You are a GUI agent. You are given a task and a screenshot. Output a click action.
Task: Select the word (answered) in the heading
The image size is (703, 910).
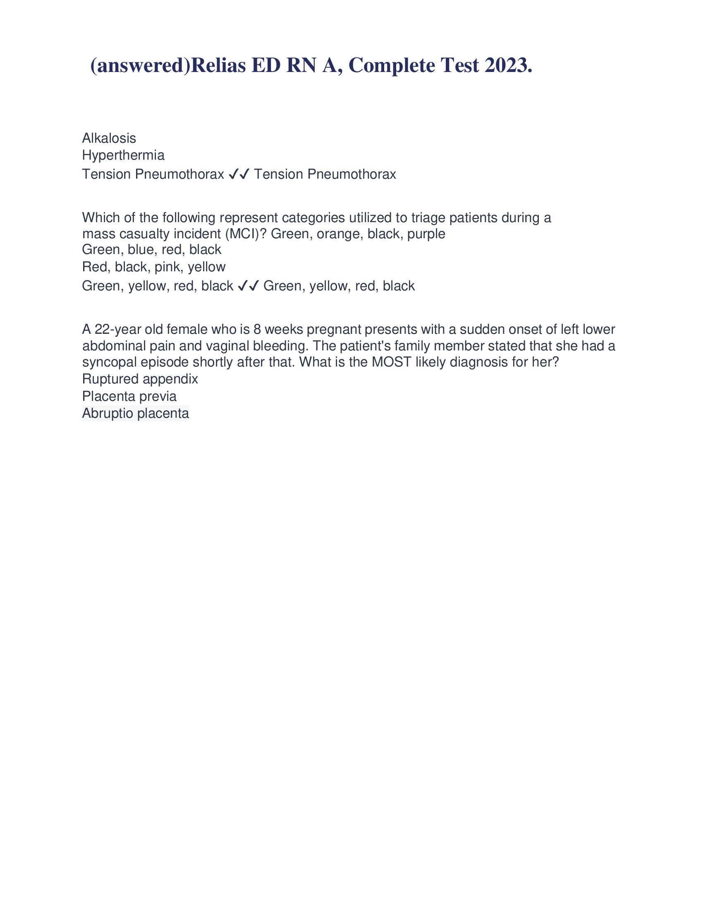140,66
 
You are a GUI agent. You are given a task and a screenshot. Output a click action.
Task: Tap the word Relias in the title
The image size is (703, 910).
218,66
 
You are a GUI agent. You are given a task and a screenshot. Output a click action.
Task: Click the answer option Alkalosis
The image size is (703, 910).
109,138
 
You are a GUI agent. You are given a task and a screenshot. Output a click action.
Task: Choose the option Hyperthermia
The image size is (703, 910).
123,156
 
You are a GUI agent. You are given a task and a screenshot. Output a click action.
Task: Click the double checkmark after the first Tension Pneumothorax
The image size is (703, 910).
239,174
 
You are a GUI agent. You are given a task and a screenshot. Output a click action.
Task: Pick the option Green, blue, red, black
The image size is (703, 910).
152,250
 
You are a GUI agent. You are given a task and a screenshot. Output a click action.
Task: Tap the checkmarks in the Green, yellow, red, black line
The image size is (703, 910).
248,286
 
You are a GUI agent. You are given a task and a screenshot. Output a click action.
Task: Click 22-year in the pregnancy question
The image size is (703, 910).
118,330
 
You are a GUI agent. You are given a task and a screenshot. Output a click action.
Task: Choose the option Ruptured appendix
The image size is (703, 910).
140,379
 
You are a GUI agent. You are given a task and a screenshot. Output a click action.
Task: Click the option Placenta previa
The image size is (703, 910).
129,396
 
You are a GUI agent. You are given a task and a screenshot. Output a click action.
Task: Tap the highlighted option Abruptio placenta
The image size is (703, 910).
135,413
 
